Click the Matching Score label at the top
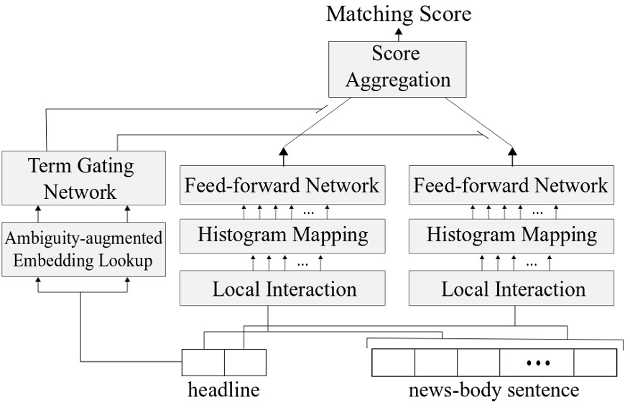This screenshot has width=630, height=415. click(399, 13)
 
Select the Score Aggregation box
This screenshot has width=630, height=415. click(398, 67)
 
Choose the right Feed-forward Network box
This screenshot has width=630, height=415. click(511, 186)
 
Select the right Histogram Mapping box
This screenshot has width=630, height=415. click(511, 234)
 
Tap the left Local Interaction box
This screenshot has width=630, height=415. click(284, 289)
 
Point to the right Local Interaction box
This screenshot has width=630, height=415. click(513, 289)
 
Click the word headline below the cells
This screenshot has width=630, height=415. click(223, 391)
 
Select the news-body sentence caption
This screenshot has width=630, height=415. click(494, 391)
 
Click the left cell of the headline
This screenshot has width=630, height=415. click(203, 363)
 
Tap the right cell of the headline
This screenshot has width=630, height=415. click(245, 363)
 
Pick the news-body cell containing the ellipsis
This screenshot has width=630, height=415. click(537, 363)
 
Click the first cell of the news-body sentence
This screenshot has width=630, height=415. click(393, 363)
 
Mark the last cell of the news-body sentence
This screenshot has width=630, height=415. click(595, 363)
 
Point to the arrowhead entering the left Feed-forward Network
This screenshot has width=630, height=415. click(282, 151)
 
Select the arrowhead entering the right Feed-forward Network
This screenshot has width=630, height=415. click(512, 151)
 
